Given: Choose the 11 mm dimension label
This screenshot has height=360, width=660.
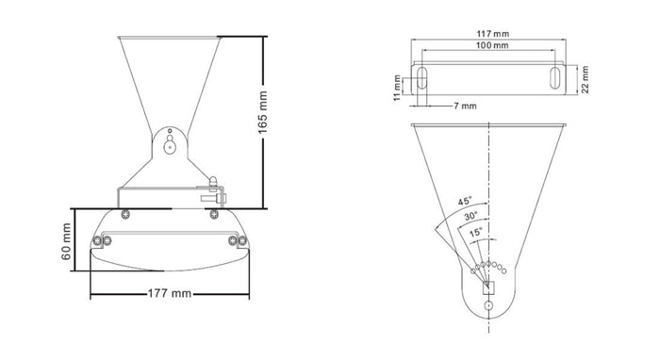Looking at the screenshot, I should click(x=399, y=86).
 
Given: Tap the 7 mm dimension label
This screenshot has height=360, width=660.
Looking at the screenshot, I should click(x=463, y=106).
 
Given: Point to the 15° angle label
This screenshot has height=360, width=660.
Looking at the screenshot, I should click(x=477, y=231).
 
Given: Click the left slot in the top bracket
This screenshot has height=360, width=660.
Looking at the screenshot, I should click(x=423, y=78).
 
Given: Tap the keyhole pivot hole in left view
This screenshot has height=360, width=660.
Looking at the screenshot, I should click(x=169, y=143).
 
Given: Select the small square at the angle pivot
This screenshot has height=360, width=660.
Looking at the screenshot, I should click(x=488, y=287).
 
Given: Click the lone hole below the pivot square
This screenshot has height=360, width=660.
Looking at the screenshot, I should click(x=488, y=306).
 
